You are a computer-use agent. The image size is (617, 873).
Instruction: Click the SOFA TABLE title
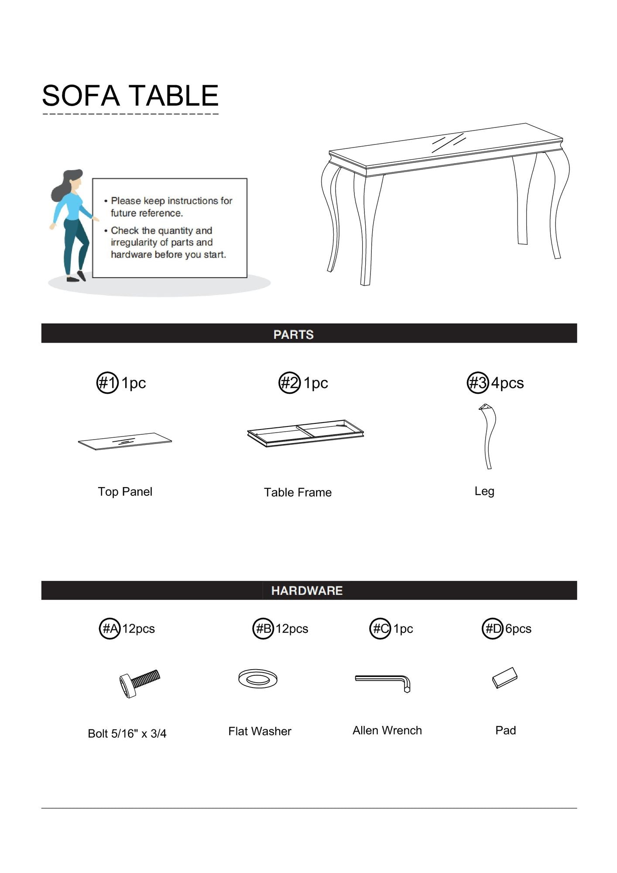pos(130,96)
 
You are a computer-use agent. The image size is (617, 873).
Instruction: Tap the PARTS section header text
pos(294,334)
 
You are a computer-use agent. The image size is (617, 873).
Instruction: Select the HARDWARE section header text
pos(307,591)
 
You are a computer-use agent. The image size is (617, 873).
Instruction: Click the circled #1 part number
pos(107,383)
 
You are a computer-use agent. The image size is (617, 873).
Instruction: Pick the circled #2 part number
pos(290,383)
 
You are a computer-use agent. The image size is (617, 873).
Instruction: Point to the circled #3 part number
pos(478,383)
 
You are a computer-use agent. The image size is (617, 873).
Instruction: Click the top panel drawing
pos(125,441)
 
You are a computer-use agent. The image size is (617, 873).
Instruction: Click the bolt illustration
pos(139,683)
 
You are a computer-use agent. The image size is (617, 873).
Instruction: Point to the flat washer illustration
pos(258,679)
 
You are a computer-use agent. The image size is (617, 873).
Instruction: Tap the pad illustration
pos(505,677)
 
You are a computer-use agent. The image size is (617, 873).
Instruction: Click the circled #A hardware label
pos(110,629)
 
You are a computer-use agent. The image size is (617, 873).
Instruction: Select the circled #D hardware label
pos(493,629)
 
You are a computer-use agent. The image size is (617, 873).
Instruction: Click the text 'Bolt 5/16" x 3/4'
pos(127,733)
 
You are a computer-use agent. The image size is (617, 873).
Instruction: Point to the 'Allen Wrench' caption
pos(387,730)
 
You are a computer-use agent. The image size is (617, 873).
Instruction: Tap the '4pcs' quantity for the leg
pos(507,383)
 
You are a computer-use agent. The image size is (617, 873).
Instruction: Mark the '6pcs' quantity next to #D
pos(518,629)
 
